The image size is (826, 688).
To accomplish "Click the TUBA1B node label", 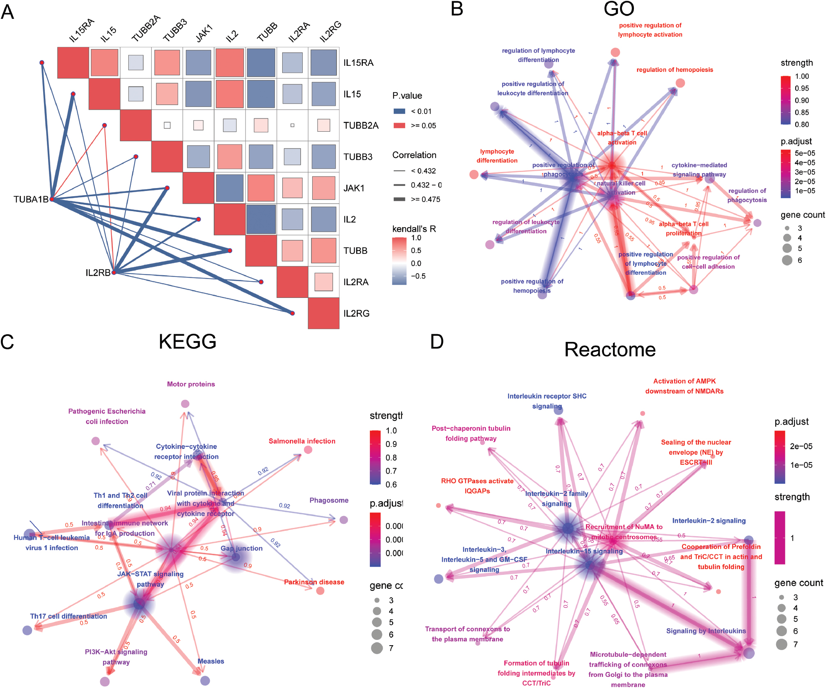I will (31, 200).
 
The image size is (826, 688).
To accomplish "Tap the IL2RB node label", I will (98, 273).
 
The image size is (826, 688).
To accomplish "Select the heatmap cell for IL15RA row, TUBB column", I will (261, 63).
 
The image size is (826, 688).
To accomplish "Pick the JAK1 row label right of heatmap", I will (354, 188).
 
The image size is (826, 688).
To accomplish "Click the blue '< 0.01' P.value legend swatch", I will (399, 111).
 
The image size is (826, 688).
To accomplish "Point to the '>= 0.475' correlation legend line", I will (399, 199).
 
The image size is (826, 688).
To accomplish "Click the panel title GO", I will (619, 9).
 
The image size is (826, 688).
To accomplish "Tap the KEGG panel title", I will (188, 342).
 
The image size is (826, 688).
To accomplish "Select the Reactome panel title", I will (610, 350).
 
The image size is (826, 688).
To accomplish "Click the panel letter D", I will (437, 342).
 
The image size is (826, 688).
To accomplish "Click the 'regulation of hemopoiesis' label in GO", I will (675, 70).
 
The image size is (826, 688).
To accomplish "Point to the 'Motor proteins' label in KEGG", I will (191, 384).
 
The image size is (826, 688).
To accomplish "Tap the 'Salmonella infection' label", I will (302, 441).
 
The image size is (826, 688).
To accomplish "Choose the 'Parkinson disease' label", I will (314, 582).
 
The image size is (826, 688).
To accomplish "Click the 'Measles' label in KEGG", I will (211, 661).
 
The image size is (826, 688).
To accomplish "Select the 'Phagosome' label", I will (329, 500).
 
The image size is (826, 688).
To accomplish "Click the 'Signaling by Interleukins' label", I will (706, 631).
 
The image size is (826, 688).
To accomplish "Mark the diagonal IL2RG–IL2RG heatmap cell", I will (324, 313).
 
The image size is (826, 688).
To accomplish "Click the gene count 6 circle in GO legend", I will (787, 260).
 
